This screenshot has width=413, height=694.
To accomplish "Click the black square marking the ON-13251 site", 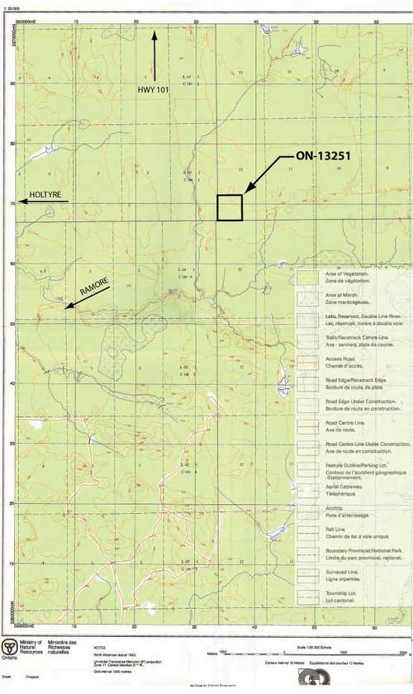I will click(x=230, y=207).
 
